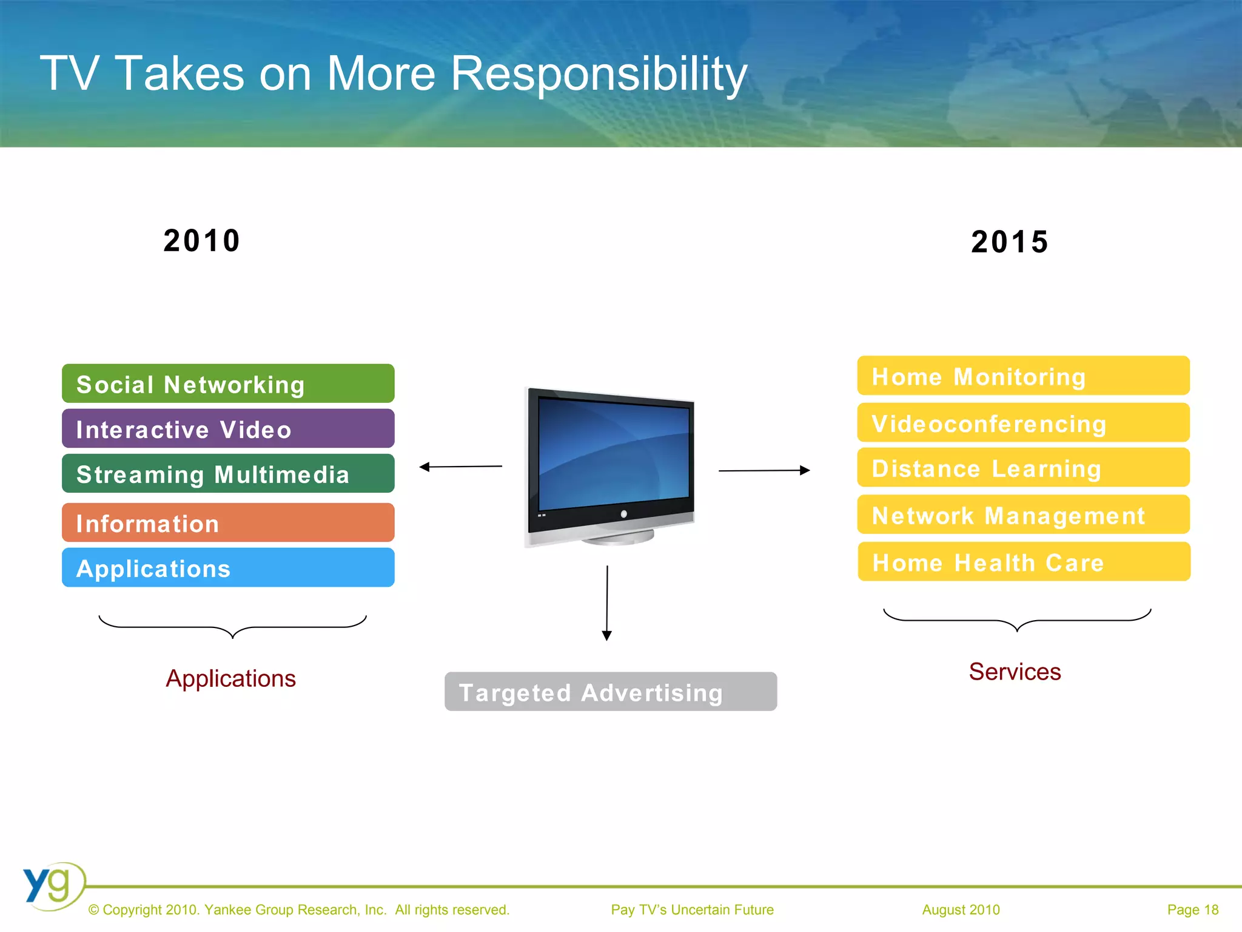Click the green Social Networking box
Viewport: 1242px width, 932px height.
coord(228,383)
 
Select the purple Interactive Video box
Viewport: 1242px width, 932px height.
coord(228,428)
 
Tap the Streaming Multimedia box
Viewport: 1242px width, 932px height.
coord(228,473)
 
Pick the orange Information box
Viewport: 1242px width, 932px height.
coord(228,522)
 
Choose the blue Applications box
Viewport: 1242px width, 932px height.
coord(228,567)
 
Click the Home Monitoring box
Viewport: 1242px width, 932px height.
coord(1023,376)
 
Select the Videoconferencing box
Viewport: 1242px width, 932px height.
coord(1023,423)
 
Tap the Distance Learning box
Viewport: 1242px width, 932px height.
coord(1023,468)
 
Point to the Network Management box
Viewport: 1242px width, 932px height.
coord(1023,515)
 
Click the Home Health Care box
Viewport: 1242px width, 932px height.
coord(1024,562)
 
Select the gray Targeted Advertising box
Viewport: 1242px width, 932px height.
coord(611,692)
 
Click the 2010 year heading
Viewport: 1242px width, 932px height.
coord(202,240)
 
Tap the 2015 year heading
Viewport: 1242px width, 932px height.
coord(1010,241)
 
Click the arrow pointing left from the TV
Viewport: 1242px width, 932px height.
coord(460,467)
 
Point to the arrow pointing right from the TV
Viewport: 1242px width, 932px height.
coord(764,470)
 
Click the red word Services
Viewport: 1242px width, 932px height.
coord(1015,672)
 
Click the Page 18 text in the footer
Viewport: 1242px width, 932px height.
coord(1192,910)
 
